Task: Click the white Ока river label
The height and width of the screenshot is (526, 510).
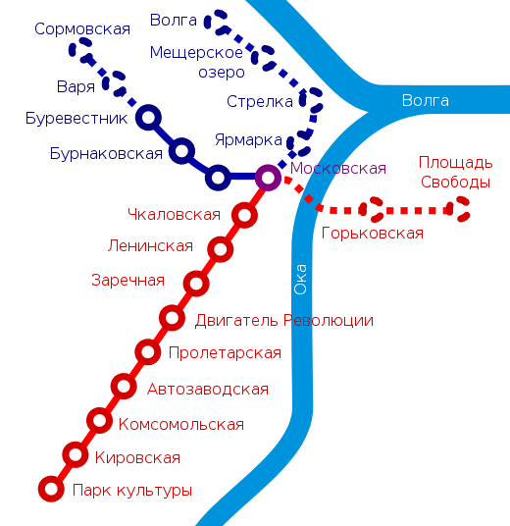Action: coord(300,280)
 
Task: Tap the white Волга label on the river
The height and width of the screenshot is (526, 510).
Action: coord(426,100)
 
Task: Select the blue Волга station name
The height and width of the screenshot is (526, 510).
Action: coord(173,21)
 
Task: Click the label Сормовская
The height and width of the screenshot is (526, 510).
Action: coord(82,28)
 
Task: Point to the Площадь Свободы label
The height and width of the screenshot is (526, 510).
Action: coord(456,172)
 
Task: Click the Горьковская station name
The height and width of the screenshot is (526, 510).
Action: coord(372,233)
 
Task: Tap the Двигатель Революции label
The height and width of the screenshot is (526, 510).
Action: coord(284,320)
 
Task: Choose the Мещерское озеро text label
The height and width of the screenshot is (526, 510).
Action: coord(196,62)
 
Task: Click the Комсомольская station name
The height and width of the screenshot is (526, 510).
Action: coord(181,424)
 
